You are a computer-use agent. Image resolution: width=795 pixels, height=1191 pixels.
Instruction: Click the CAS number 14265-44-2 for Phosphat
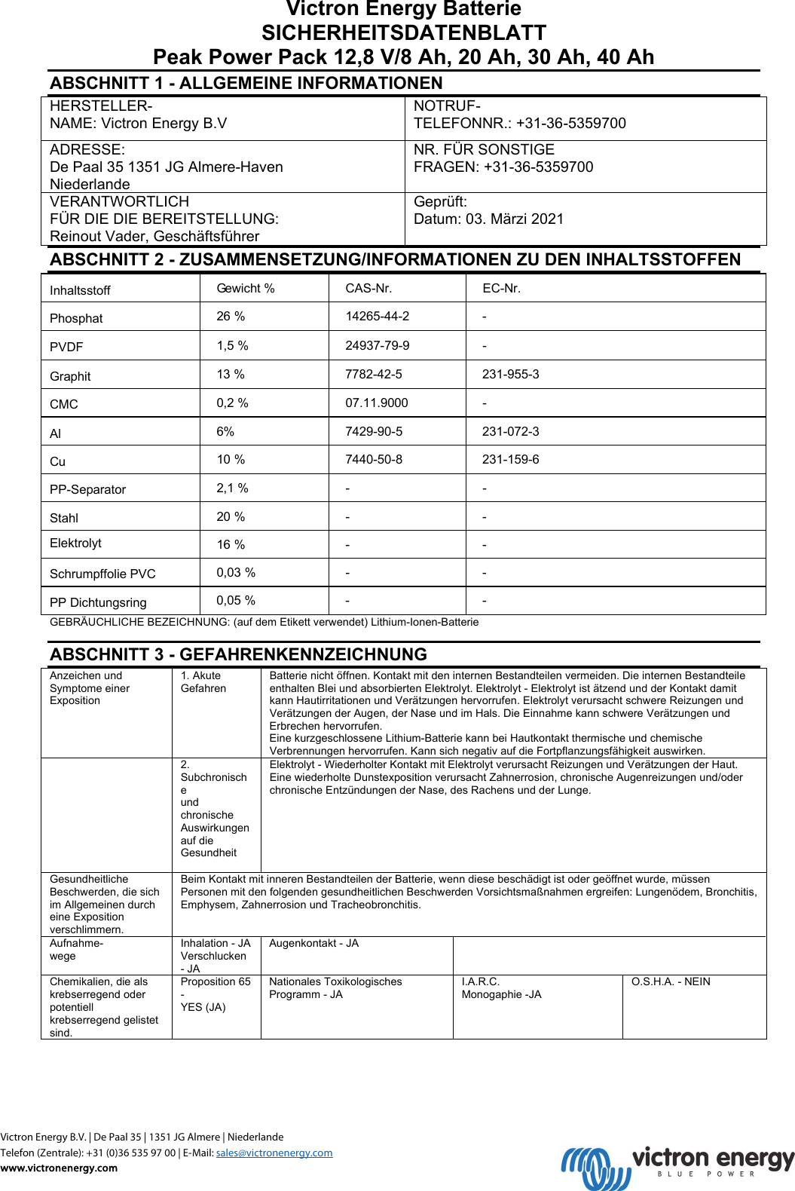(377, 317)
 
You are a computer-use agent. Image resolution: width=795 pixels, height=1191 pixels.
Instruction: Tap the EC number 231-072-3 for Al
(510, 432)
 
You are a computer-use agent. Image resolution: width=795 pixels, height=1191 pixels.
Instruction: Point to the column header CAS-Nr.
(368, 289)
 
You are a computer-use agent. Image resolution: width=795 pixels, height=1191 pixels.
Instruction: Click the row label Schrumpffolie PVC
(102, 574)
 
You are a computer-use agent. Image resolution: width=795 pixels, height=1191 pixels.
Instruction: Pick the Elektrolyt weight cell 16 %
(231, 545)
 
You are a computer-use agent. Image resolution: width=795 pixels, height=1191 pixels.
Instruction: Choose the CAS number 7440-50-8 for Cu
(374, 460)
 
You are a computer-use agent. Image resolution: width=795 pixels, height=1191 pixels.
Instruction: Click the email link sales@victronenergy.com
(274, 1153)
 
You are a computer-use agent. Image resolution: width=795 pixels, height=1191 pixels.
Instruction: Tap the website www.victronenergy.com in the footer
(59, 1168)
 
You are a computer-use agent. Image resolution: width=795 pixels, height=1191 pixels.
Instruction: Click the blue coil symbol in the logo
(595, 1168)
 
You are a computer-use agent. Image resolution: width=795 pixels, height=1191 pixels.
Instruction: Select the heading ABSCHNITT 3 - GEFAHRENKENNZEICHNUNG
(238, 654)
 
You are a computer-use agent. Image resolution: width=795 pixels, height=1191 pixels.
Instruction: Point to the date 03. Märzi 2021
(515, 219)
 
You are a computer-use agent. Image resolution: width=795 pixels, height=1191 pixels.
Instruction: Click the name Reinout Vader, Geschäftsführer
(154, 237)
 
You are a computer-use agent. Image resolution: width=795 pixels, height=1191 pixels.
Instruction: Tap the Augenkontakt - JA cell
(313, 944)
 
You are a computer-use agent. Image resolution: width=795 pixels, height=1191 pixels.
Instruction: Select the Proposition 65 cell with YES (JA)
(215, 994)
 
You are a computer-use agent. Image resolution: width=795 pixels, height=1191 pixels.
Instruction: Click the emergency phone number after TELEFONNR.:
(570, 124)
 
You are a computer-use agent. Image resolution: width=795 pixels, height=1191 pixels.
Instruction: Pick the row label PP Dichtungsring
(98, 603)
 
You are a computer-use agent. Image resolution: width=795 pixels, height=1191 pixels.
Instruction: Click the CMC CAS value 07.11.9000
(376, 403)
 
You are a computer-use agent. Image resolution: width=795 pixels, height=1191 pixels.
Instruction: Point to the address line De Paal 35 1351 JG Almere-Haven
(167, 167)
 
